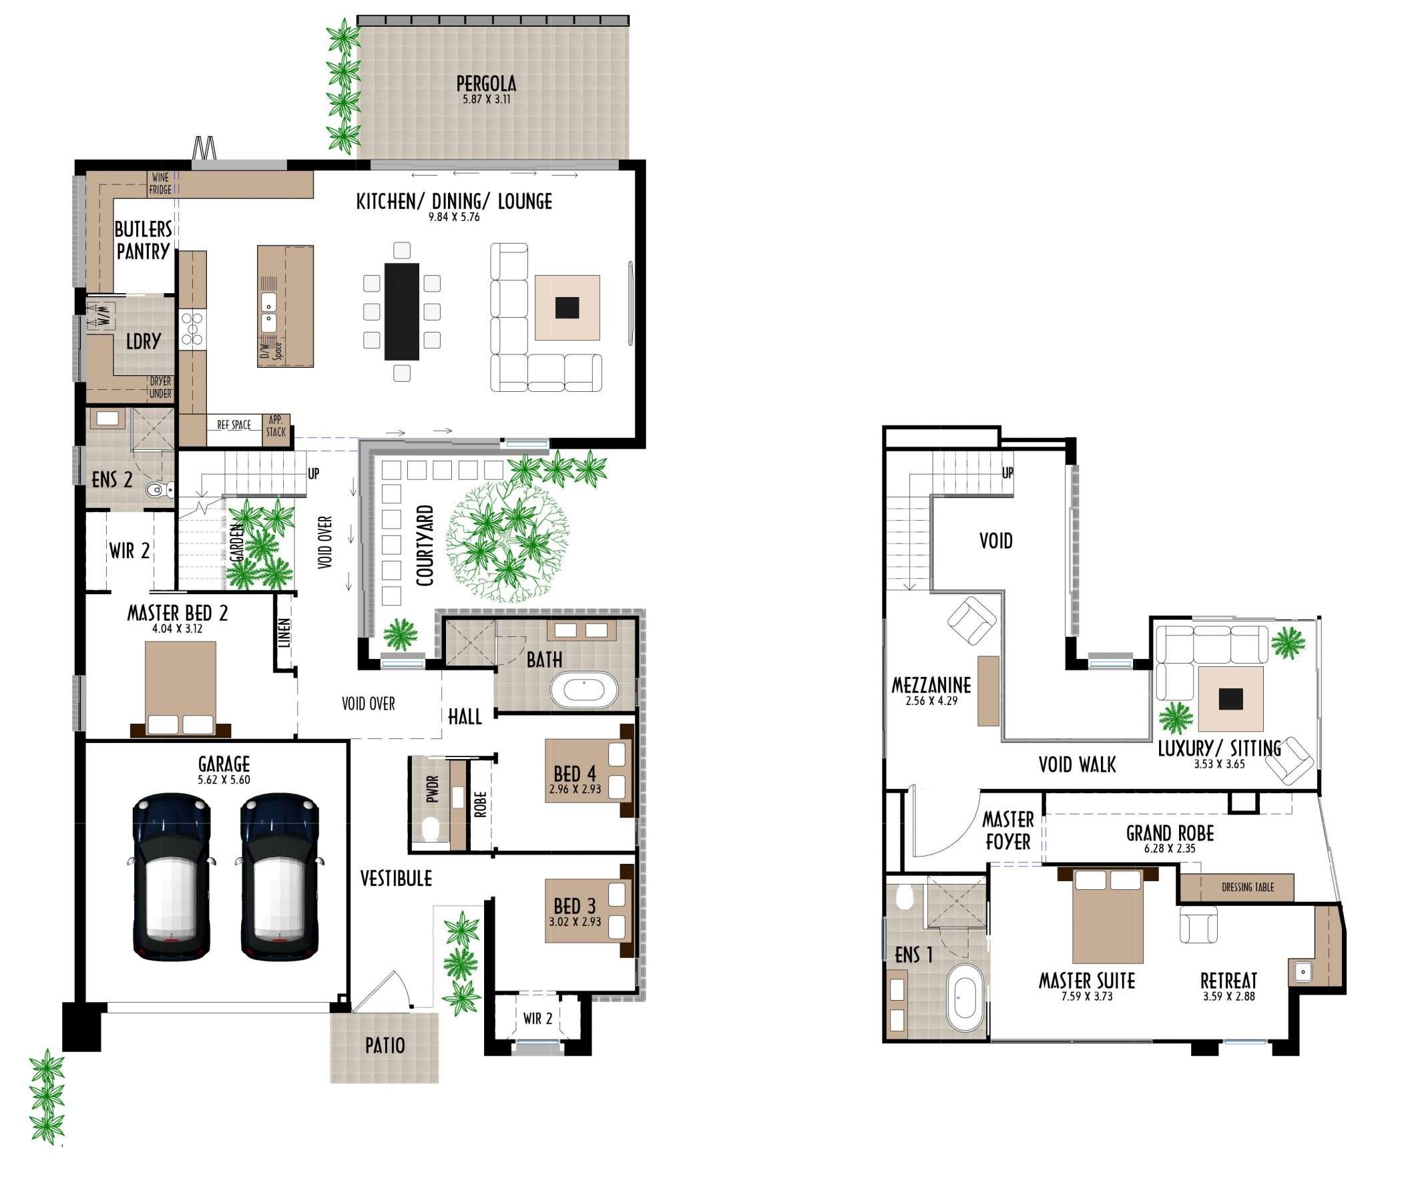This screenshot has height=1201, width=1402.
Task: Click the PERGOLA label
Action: (486, 84)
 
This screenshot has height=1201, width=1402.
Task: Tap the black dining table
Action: (402, 311)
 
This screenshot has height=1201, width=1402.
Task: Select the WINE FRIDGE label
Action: (160, 184)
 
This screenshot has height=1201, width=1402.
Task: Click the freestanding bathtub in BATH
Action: (584, 690)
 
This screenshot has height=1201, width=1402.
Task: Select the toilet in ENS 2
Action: (158, 489)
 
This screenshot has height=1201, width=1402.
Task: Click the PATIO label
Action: (385, 1045)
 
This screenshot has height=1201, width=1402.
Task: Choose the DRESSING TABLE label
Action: (1247, 887)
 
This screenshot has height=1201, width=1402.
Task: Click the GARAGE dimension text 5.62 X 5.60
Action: (224, 780)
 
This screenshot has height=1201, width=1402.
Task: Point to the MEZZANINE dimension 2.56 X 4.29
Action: (931, 701)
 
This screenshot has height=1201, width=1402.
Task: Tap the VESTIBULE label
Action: (396, 879)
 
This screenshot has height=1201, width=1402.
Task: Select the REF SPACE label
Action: (234, 425)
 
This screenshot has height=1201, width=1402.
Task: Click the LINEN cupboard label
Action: (285, 633)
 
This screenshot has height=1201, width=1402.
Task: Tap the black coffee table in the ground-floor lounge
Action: (567, 308)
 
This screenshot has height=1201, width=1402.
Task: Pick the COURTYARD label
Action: (424, 545)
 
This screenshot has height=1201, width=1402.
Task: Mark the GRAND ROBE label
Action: (1170, 833)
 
